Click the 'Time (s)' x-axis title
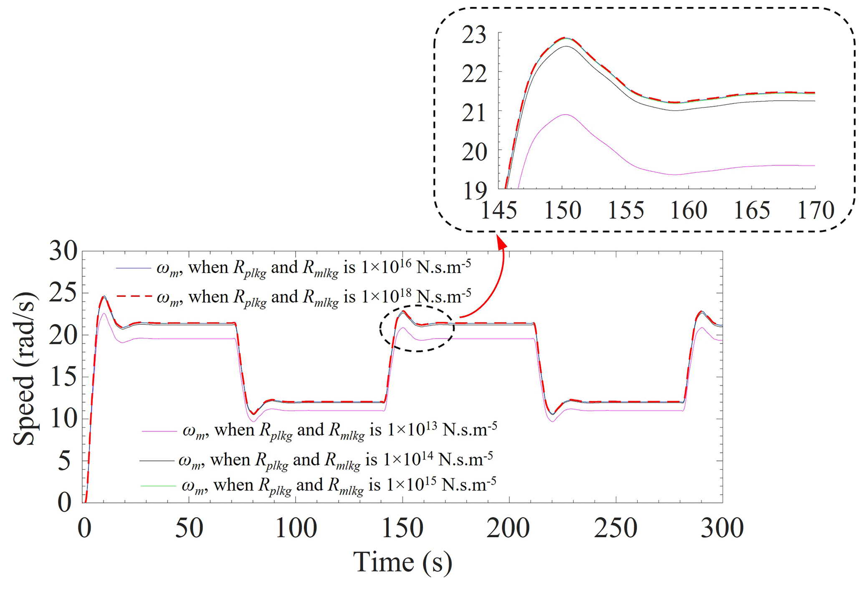(402, 562)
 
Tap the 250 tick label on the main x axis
(615, 528)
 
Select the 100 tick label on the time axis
(296, 528)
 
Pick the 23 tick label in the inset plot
(474, 35)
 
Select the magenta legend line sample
(159, 430)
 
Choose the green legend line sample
(157, 486)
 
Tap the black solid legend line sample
(156, 460)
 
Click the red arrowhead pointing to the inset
(502, 242)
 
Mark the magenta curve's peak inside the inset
(565, 114)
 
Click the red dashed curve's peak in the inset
(564, 38)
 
